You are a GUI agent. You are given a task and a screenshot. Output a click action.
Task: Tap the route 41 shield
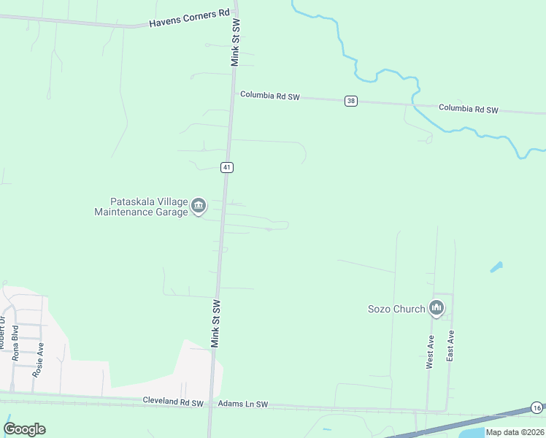point(228,167)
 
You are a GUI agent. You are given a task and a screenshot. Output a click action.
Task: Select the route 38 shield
point(351,101)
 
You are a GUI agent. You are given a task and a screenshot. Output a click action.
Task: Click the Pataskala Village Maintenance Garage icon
point(199,207)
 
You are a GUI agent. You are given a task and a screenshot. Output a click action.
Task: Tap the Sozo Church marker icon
point(437,309)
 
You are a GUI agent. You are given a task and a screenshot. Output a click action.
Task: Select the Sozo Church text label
point(396,309)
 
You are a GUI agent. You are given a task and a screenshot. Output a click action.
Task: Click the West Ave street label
point(431,351)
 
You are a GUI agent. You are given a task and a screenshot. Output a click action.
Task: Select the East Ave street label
point(451,346)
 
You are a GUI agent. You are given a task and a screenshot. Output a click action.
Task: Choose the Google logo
point(25,429)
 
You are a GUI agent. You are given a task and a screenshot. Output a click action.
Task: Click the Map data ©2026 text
point(514,432)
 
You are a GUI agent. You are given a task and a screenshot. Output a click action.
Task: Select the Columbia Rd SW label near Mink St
point(270,96)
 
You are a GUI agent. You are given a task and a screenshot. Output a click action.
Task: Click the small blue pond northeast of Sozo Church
point(496,267)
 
